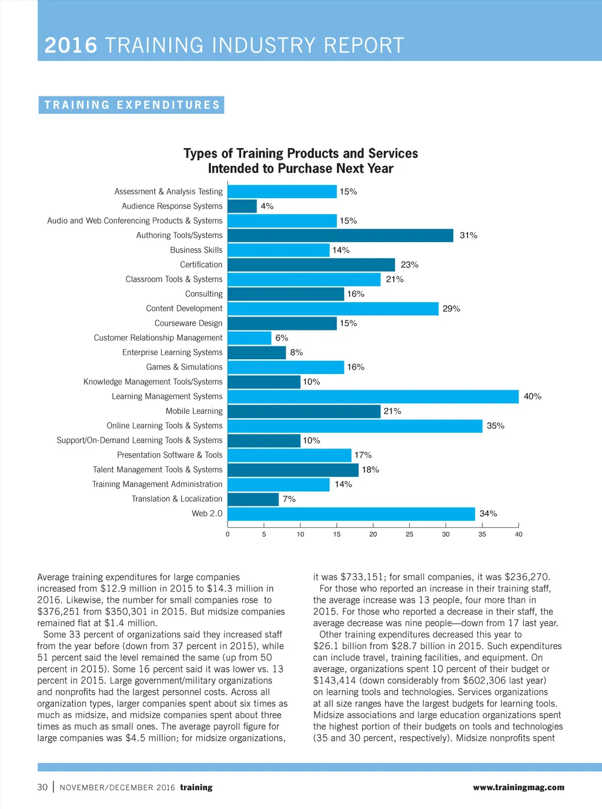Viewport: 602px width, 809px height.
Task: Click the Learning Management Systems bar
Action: (373, 397)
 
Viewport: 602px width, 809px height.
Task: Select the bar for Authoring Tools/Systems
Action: (340, 236)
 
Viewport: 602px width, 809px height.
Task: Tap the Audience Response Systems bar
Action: (242, 206)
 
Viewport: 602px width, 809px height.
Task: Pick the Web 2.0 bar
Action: (351, 514)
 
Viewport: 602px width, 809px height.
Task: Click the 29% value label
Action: (451, 309)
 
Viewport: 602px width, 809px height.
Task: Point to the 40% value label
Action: (532, 397)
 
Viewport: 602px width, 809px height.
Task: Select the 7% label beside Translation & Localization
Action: (289, 499)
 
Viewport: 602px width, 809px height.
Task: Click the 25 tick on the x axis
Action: (409, 534)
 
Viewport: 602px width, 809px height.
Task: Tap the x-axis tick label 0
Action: (228, 534)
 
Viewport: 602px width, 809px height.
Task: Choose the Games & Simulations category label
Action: (184, 367)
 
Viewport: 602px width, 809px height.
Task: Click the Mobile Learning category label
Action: (194, 412)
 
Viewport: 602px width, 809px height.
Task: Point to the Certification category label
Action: (201, 265)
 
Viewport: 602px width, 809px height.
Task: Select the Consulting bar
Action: (286, 294)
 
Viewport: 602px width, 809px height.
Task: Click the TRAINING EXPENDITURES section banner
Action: (132, 105)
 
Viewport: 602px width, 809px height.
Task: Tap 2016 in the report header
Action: (71, 46)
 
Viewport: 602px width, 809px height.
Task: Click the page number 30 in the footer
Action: (42, 787)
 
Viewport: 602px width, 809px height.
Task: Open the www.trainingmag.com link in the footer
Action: (518, 787)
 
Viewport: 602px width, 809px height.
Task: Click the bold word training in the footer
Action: (196, 787)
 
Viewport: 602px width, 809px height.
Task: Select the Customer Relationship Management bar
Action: (249, 338)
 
